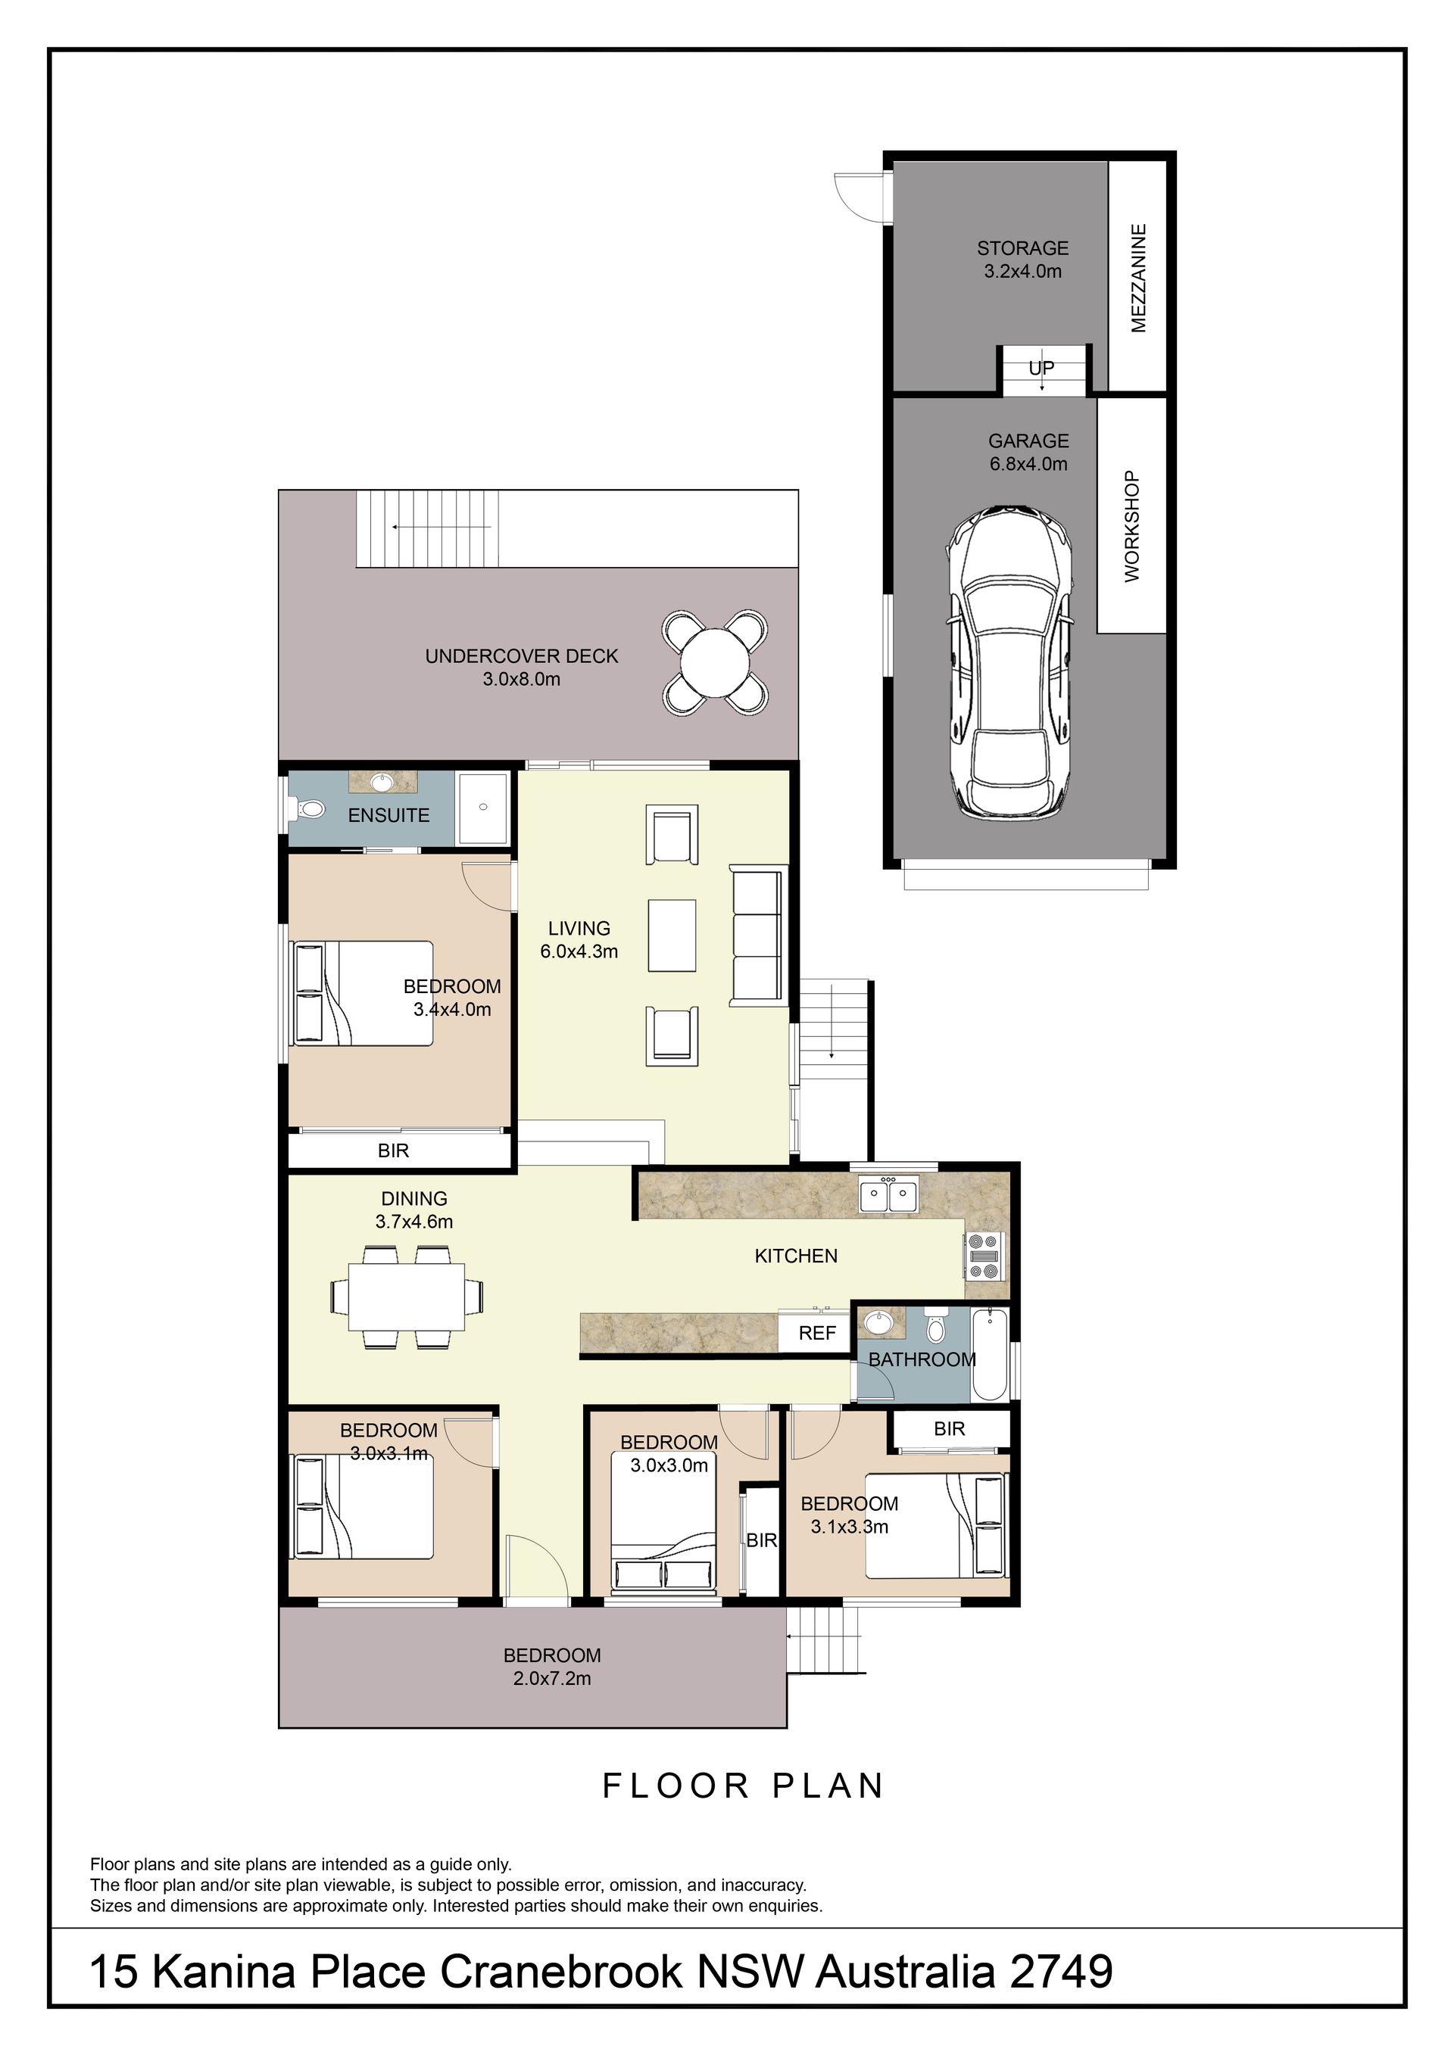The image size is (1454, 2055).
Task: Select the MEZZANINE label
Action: point(1139,279)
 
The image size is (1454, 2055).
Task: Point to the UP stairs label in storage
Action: point(1041,368)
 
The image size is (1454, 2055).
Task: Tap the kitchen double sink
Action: point(888,1195)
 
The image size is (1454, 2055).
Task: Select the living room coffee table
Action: point(672,936)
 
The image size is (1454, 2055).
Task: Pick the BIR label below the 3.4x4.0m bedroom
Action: point(394,1151)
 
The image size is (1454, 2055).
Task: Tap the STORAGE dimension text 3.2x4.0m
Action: point(1023,271)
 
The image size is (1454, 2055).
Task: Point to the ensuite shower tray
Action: point(483,808)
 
